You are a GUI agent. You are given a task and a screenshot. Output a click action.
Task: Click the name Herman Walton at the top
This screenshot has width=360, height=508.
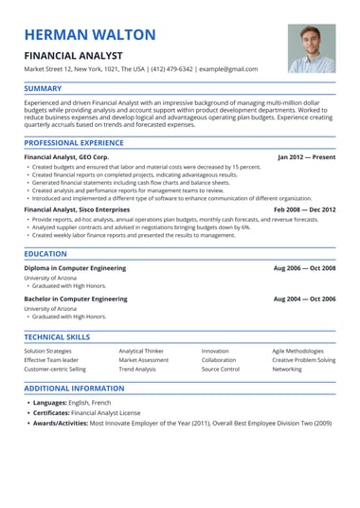[90, 35]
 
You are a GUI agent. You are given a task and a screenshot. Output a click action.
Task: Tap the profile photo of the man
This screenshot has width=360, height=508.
[312, 48]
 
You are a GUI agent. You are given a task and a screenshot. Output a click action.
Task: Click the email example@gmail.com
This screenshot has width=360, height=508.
[228, 69]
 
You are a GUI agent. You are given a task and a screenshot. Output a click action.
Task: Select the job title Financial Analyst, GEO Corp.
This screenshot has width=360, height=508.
[66, 156]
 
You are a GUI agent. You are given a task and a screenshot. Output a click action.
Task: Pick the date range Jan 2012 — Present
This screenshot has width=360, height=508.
[306, 156]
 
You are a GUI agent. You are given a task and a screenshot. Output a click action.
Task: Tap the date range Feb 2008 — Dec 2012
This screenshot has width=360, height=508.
[304, 209]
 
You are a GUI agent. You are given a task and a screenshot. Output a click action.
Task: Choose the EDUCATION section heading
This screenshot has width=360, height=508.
[45, 254]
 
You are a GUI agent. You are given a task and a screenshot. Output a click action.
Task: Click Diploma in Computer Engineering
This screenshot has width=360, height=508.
[75, 268]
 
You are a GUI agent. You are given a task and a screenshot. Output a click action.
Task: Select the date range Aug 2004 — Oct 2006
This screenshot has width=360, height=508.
[304, 299]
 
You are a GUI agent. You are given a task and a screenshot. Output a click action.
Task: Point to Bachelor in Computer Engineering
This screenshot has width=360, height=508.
[75, 299]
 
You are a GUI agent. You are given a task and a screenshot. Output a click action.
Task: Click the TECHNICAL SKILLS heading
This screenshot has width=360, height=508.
[58, 336]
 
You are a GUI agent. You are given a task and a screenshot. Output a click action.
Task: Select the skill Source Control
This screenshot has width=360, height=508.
[221, 370]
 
